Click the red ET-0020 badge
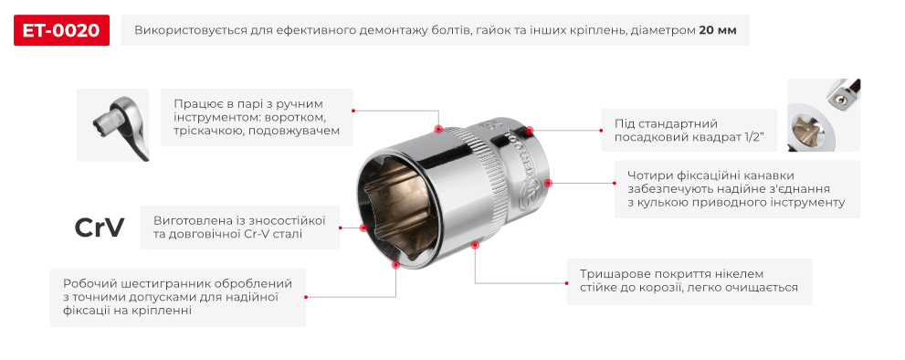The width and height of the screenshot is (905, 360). coord(62,30)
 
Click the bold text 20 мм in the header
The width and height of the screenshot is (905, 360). coord(718,30)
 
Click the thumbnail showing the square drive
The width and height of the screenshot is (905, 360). coord(825,115)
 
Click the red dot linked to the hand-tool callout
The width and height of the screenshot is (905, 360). coord(439,130)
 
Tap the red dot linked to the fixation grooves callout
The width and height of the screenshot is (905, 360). coord(548,183)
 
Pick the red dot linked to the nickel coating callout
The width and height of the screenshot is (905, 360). coord(475,245)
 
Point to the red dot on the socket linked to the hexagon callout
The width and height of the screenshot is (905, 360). coord(395,265)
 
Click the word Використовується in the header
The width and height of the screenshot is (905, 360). coord(188,30)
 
